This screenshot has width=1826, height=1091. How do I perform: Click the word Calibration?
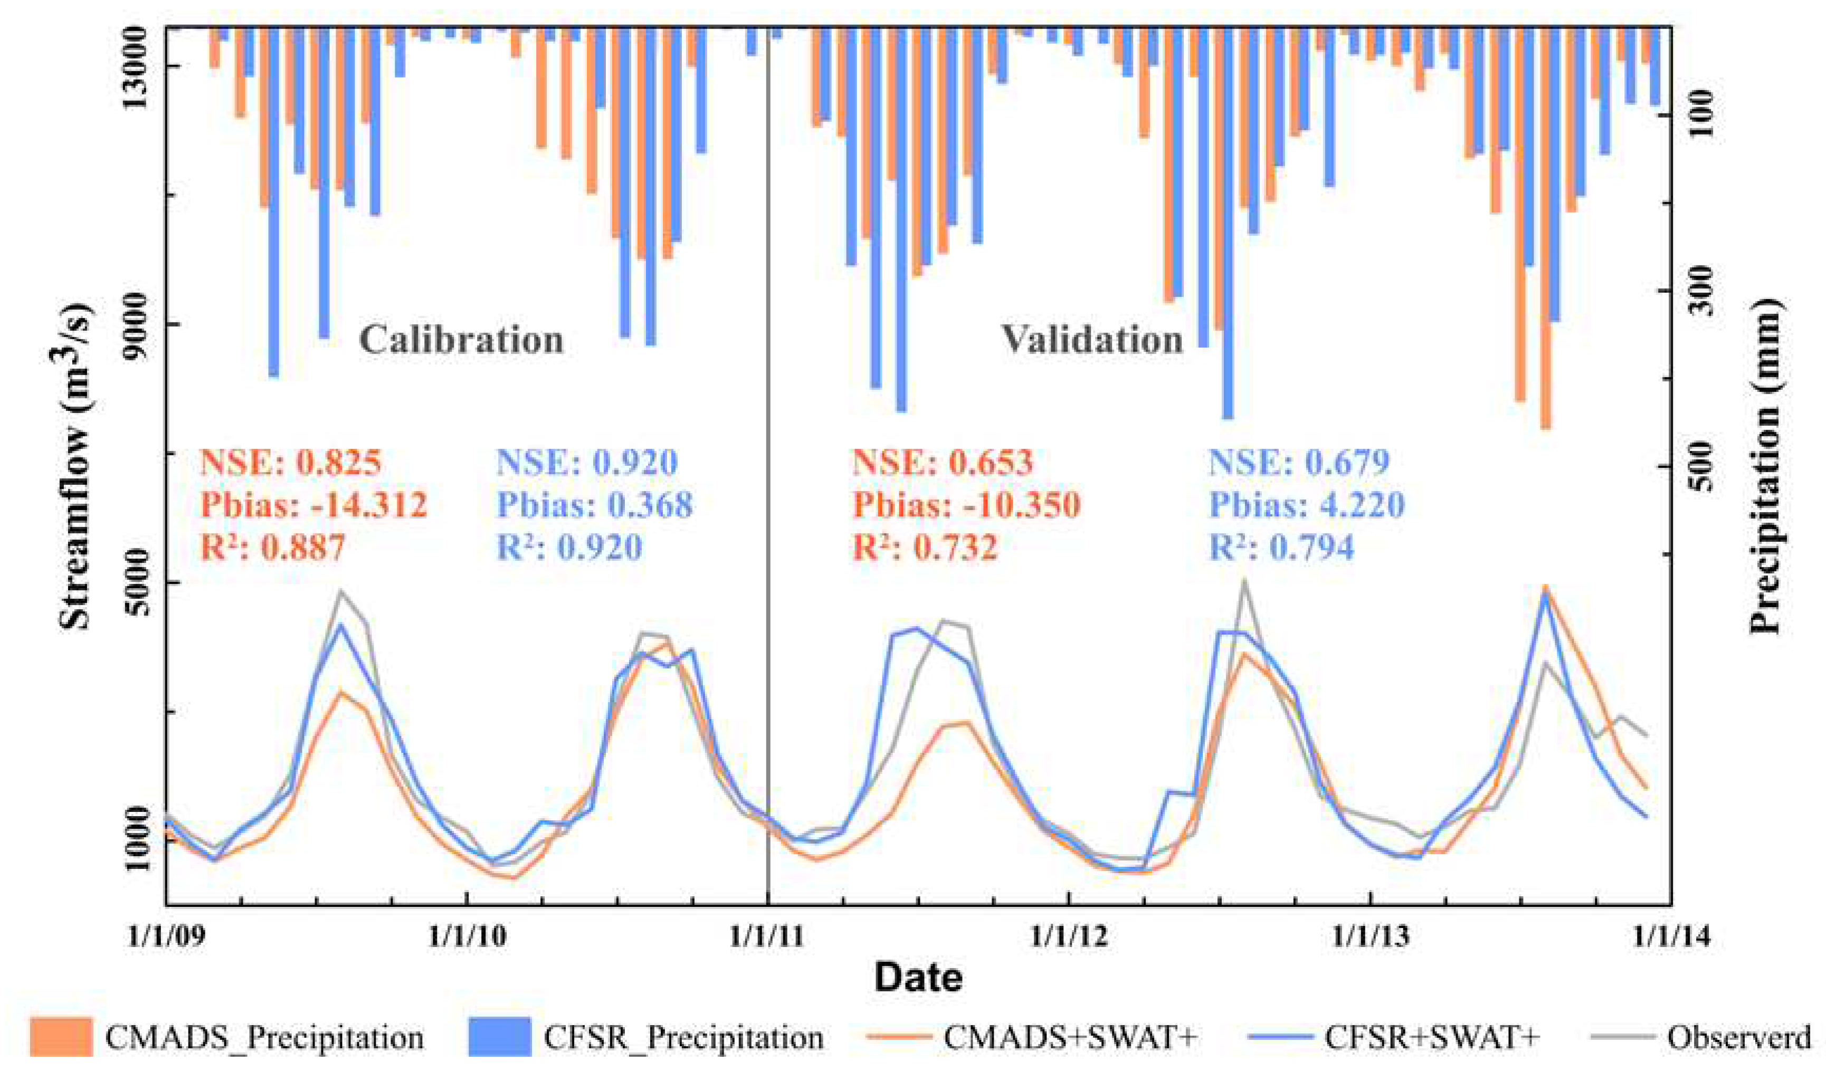click(461, 340)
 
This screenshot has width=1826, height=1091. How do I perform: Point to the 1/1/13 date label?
click(1369, 936)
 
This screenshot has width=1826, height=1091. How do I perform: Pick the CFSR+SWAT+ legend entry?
click(1394, 1037)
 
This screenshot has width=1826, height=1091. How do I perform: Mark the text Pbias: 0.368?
click(594, 504)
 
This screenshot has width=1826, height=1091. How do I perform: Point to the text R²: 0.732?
click(925, 547)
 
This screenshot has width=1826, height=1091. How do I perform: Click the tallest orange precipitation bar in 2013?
click(1545, 228)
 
